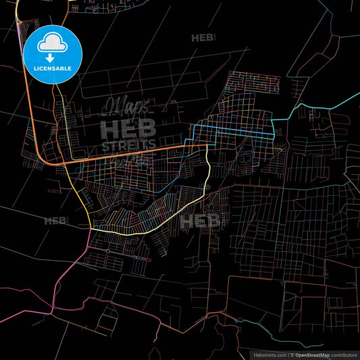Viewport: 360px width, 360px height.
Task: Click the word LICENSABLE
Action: (x=52, y=68)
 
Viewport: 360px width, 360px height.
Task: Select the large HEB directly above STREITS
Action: (x=128, y=128)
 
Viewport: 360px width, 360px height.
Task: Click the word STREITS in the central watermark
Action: (x=128, y=144)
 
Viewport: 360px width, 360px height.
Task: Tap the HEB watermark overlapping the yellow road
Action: (x=200, y=221)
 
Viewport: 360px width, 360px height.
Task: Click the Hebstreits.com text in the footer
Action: (x=269, y=354)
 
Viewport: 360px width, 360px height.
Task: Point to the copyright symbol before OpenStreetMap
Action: (x=291, y=354)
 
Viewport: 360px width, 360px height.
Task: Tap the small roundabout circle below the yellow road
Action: (x=107, y=251)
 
